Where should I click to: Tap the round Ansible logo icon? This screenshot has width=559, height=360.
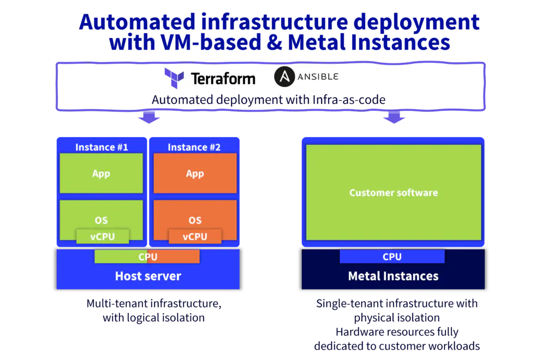pyautogui.click(x=284, y=76)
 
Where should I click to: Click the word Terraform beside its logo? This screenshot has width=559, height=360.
pyautogui.click(x=223, y=79)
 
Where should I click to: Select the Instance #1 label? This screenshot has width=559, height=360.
pyautogui.click(x=102, y=147)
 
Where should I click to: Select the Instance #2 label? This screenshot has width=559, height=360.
pyautogui.click(x=194, y=147)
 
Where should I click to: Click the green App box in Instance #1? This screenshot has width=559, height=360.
pyautogui.click(x=101, y=173)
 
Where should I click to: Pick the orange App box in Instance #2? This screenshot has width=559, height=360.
pyautogui.click(x=195, y=173)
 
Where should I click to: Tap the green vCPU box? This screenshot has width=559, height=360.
pyautogui.click(x=103, y=237)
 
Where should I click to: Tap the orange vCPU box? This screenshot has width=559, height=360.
pyautogui.click(x=195, y=237)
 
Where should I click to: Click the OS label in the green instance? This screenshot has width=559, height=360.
pyautogui.click(x=101, y=220)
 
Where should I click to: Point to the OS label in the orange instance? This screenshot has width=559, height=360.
pyautogui.click(x=195, y=220)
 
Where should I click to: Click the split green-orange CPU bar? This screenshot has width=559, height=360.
pyautogui.click(x=147, y=257)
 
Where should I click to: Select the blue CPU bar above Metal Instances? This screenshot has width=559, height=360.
pyautogui.click(x=392, y=257)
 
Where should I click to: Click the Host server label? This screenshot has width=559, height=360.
pyautogui.click(x=148, y=276)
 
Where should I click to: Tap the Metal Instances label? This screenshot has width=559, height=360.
pyautogui.click(x=393, y=276)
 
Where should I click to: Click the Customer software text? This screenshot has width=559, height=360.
pyautogui.click(x=394, y=193)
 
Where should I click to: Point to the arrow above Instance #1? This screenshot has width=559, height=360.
pyautogui.click(x=149, y=117)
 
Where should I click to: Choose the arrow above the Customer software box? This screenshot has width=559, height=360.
pyautogui.click(x=394, y=117)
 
